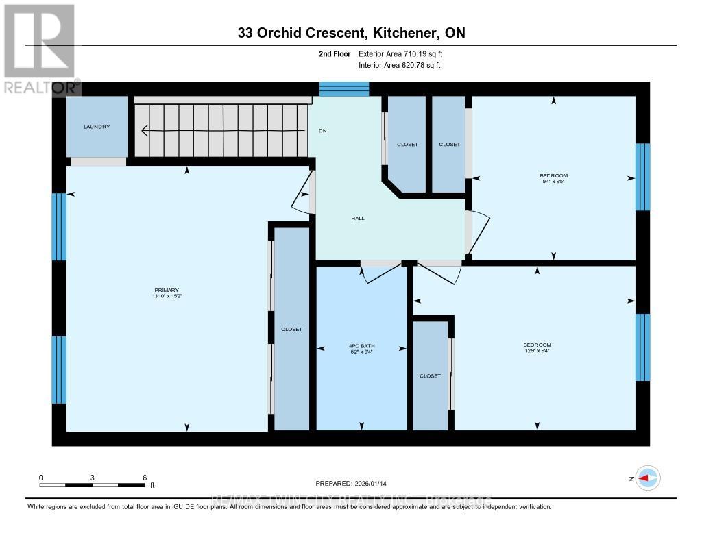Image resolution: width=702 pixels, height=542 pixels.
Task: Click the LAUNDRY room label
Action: click(97, 127)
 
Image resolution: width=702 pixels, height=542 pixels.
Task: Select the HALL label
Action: click(358, 218)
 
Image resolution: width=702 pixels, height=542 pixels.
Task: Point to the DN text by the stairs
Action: click(322, 130)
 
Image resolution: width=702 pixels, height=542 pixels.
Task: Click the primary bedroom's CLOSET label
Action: click(291, 329)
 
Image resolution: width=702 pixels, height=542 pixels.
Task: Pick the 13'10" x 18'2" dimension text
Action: click(167, 297)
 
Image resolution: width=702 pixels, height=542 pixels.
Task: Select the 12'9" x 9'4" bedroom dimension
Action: click(537, 351)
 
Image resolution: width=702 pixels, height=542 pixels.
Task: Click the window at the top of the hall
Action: click(344, 88)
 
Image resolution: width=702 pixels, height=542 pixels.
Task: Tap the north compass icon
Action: click(648, 478)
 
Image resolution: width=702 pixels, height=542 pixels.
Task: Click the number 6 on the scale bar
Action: click(144, 477)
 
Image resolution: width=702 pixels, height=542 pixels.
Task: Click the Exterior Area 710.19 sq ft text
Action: click(405, 53)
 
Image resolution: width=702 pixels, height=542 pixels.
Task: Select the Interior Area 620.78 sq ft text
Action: click(399, 65)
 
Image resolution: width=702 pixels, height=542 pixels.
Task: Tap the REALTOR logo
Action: click(39, 48)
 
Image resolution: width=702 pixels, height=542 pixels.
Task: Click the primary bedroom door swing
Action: click(300, 200)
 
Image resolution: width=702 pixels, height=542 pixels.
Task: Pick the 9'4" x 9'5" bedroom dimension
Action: click(554, 182)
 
